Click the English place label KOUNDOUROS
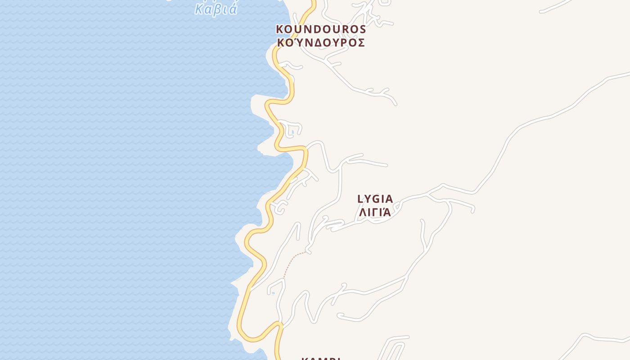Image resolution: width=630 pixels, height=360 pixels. click(321, 29)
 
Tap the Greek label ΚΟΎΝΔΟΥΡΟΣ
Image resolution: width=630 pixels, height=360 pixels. click(321, 43)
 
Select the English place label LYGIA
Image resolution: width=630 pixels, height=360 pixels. click(375, 199)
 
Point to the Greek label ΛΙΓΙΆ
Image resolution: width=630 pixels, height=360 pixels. click(375, 212)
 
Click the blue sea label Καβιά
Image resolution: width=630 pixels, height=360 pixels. click(216, 9)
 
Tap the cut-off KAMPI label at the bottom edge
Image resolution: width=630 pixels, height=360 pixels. click(321, 358)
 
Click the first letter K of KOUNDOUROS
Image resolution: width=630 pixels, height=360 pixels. click(280, 29)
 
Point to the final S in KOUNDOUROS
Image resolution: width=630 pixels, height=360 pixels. click(362, 29)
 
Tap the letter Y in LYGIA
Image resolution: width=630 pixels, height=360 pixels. click(367, 199)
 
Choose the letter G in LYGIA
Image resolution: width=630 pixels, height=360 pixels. click(376, 199)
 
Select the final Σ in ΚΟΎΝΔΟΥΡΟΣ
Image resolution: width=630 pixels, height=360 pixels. click(361, 43)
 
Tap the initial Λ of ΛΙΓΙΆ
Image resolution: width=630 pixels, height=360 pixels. click(361, 212)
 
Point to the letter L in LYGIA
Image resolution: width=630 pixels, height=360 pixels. click(360, 199)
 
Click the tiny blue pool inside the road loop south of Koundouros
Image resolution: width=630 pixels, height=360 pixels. click(292, 132)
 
